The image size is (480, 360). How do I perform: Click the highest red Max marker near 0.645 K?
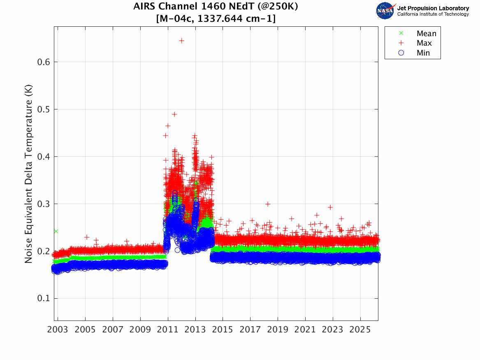[181, 41]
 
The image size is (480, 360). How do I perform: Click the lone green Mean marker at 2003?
[56, 231]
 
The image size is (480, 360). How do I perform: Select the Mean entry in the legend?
[426, 34]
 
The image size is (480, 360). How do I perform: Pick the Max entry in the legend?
[424, 43]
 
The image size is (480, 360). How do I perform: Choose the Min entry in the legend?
[423, 53]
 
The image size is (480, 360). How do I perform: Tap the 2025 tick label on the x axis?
[360, 330]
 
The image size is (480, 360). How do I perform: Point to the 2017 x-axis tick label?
[250, 330]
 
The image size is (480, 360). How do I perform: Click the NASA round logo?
[385, 11]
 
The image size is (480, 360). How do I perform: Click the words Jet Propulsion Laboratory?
[433, 8]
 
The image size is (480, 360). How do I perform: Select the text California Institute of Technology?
[433, 14]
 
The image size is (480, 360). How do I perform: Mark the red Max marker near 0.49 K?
[174, 114]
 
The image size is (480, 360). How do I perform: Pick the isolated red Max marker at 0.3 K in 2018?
[268, 204]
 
